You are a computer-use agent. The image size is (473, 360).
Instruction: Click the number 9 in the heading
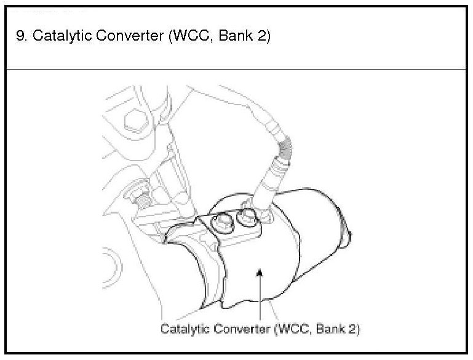pyautogui.click(x=20, y=36)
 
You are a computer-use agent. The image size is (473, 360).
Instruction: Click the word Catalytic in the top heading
pyautogui.click(x=58, y=36)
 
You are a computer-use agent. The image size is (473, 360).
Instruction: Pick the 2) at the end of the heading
pyautogui.click(x=261, y=36)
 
